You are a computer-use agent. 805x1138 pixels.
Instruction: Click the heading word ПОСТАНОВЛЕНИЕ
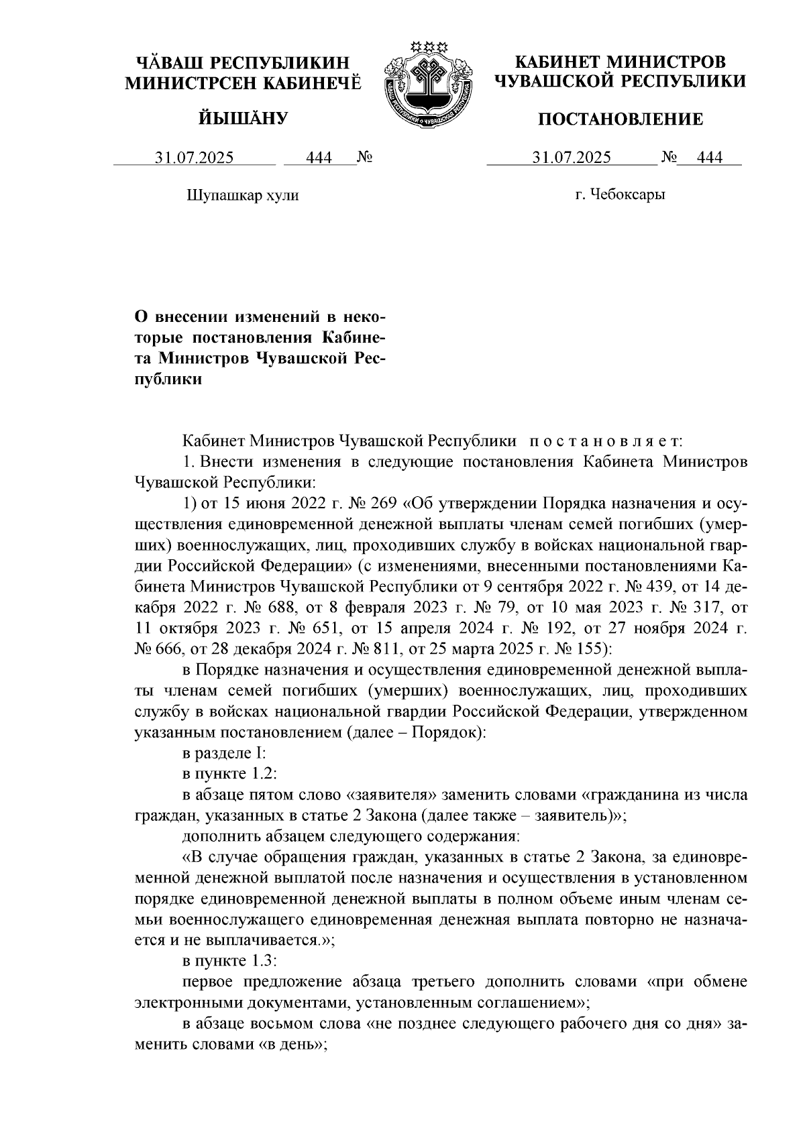[621, 120]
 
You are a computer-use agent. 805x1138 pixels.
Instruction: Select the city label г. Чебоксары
[619, 195]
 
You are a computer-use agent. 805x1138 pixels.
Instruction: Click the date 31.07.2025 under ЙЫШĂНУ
[195, 158]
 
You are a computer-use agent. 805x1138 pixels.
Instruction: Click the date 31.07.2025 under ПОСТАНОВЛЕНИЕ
[572, 158]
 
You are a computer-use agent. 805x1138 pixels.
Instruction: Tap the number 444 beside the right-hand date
[710, 158]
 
